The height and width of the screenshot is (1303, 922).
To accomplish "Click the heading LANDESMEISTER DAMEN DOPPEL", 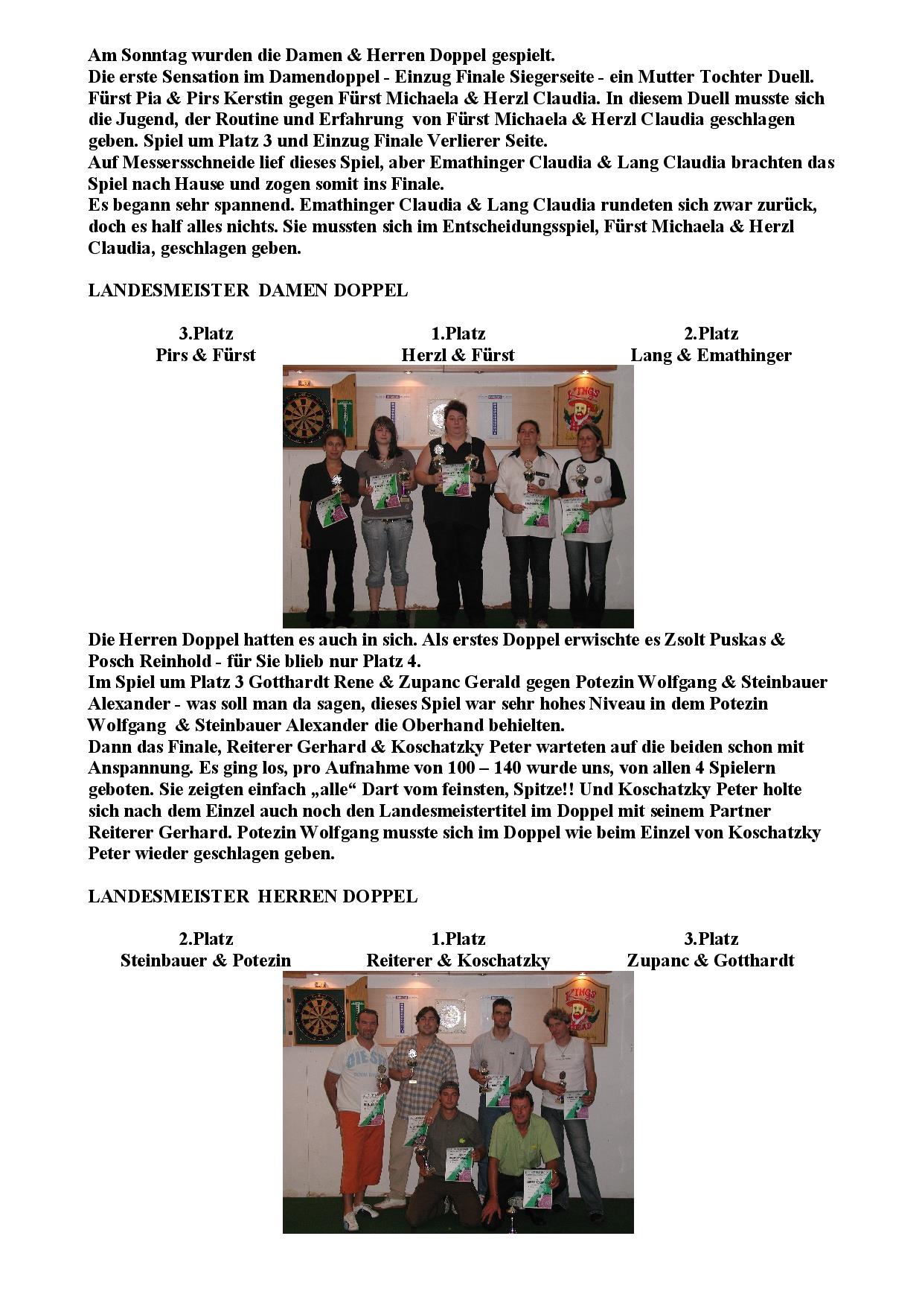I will (x=248, y=290).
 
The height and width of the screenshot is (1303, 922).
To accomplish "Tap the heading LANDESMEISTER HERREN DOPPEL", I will (x=252, y=896).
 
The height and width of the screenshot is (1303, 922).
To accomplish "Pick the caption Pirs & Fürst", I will (x=205, y=355).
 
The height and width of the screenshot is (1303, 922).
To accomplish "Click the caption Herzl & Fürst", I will (x=458, y=355).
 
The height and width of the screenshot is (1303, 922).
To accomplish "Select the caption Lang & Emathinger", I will (x=711, y=355).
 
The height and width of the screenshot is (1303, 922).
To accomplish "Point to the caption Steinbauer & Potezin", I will (x=205, y=960).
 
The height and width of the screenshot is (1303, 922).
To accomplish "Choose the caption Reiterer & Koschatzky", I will (x=458, y=960).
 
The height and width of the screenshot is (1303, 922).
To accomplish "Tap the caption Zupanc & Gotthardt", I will (x=711, y=960).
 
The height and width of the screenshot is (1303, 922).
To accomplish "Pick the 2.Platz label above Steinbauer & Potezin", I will (x=205, y=939).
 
